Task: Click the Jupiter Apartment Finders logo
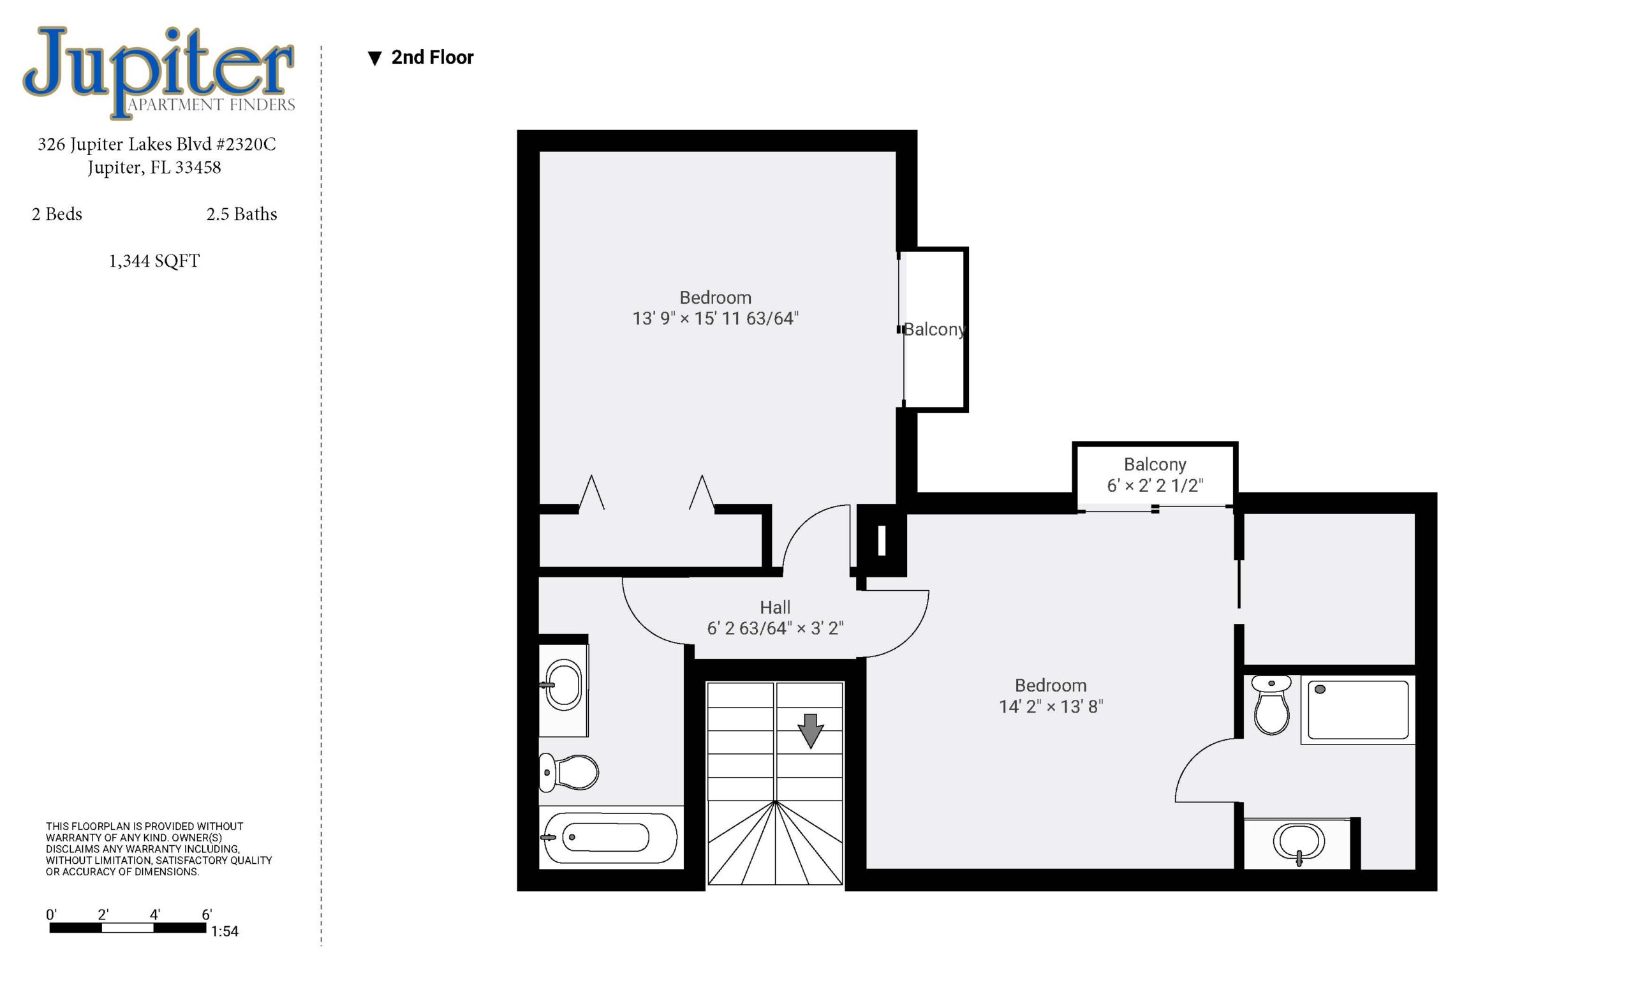point(159,72)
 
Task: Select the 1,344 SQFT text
point(154,261)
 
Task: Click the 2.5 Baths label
point(241,214)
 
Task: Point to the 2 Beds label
point(57,214)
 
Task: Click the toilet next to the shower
point(1271,704)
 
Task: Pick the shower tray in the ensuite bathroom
point(1358,709)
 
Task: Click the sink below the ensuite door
point(1298,843)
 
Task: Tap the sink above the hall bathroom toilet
point(563,685)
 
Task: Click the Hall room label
point(775,608)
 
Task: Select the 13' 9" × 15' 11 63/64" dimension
point(715,319)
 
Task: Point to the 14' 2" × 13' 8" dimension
point(1051,706)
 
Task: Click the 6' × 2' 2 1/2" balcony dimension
point(1155,485)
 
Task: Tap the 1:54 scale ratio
point(225,931)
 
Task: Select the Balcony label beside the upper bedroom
point(935,329)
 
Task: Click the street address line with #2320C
point(156,144)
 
